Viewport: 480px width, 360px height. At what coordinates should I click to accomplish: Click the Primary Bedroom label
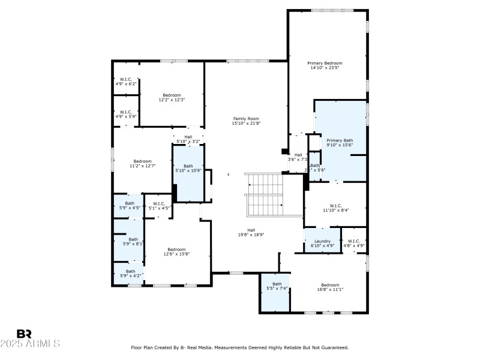click(325, 63)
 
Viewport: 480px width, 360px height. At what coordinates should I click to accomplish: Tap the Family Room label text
click(247, 119)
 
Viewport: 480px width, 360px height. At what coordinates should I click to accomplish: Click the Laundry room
click(323, 243)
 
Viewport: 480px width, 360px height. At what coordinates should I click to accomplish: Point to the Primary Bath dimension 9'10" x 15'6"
click(340, 145)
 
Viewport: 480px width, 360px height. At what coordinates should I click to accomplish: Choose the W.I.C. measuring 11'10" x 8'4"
click(335, 208)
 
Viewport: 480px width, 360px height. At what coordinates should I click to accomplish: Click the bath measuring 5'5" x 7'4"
click(277, 286)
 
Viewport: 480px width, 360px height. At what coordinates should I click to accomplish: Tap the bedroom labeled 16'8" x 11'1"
click(330, 287)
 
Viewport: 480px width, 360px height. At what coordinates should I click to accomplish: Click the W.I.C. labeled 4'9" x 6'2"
click(126, 82)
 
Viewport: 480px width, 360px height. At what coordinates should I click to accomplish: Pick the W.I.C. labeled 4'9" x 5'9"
click(126, 113)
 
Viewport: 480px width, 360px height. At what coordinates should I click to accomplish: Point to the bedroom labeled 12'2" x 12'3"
click(172, 97)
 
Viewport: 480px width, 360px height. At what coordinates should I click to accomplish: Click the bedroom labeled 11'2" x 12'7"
click(142, 163)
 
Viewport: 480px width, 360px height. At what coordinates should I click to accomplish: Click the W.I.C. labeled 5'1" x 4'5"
click(159, 206)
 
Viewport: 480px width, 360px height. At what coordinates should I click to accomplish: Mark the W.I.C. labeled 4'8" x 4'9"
click(354, 243)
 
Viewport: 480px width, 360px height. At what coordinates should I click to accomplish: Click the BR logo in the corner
click(25, 334)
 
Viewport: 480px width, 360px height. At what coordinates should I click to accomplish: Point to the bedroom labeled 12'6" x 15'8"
click(176, 251)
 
